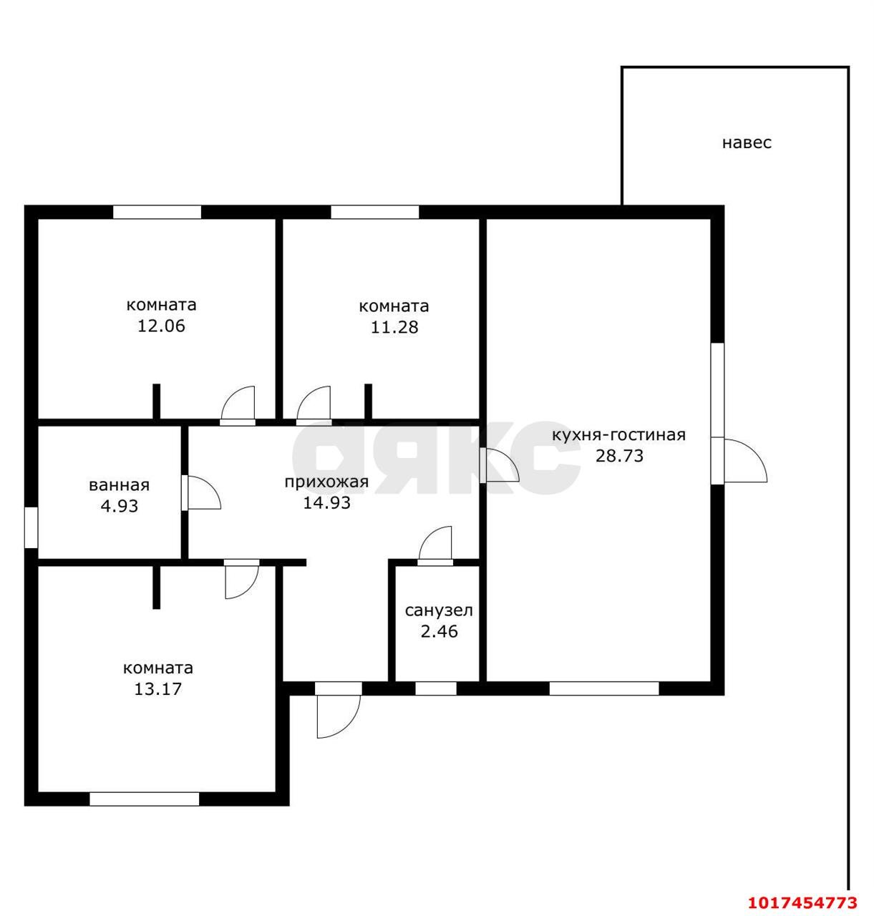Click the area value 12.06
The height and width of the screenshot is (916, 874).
tap(161, 326)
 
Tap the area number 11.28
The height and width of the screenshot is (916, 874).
tap(394, 327)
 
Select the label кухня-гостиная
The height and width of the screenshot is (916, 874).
tap(618, 435)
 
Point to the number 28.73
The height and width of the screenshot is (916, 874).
tap(619, 455)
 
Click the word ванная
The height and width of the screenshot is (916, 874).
tap(119, 485)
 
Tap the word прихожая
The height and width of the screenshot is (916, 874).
tap(326, 482)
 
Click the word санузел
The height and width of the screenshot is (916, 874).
tap(439, 610)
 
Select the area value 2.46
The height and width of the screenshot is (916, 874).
tap(439, 631)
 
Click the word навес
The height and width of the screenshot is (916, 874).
tap(747, 142)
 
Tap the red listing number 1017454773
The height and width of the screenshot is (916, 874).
tap(802, 903)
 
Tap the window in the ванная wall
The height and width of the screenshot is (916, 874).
tap(31, 527)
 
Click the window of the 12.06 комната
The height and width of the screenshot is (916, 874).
tap(157, 212)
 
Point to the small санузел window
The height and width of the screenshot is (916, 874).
tap(435, 688)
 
